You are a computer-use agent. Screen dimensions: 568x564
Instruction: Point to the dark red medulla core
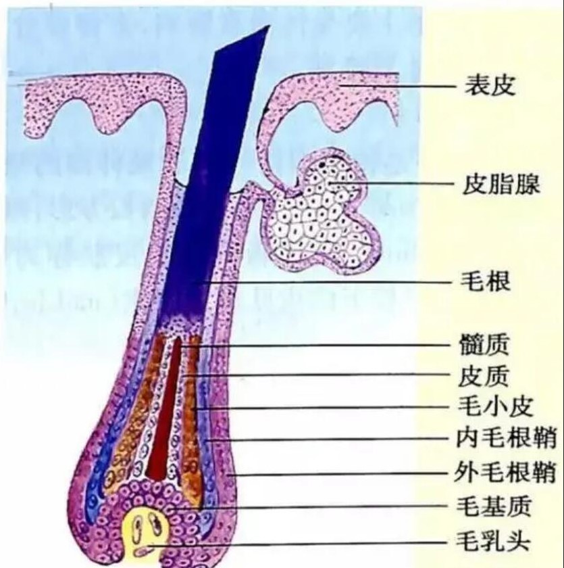coord(163,419)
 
